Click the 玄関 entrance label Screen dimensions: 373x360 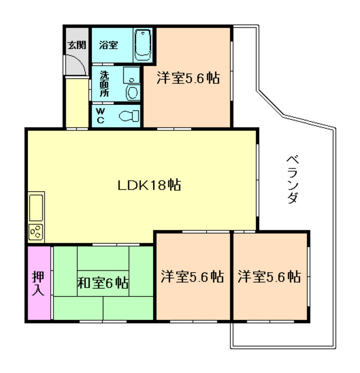(x=76, y=44)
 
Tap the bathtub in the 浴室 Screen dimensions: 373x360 (x=143, y=45)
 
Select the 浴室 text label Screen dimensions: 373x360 (x=108, y=45)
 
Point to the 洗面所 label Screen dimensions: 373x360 (x=104, y=83)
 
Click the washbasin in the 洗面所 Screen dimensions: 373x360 (x=133, y=92)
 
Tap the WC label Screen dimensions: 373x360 (x=100, y=115)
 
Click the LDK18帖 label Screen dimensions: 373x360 (x=149, y=186)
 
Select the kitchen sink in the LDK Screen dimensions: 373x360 (x=36, y=206)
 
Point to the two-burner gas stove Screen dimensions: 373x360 (x=36, y=231)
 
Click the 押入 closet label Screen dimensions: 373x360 (x=38, y=283)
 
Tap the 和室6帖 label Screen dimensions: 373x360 (x=103, y=284)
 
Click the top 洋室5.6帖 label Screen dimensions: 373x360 (x=188, y=79)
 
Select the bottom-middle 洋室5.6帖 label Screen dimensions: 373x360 (x=192, y=276)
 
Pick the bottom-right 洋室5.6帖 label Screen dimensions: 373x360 (x=269, y=276)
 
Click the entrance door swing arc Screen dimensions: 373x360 (x=78, y=63)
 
